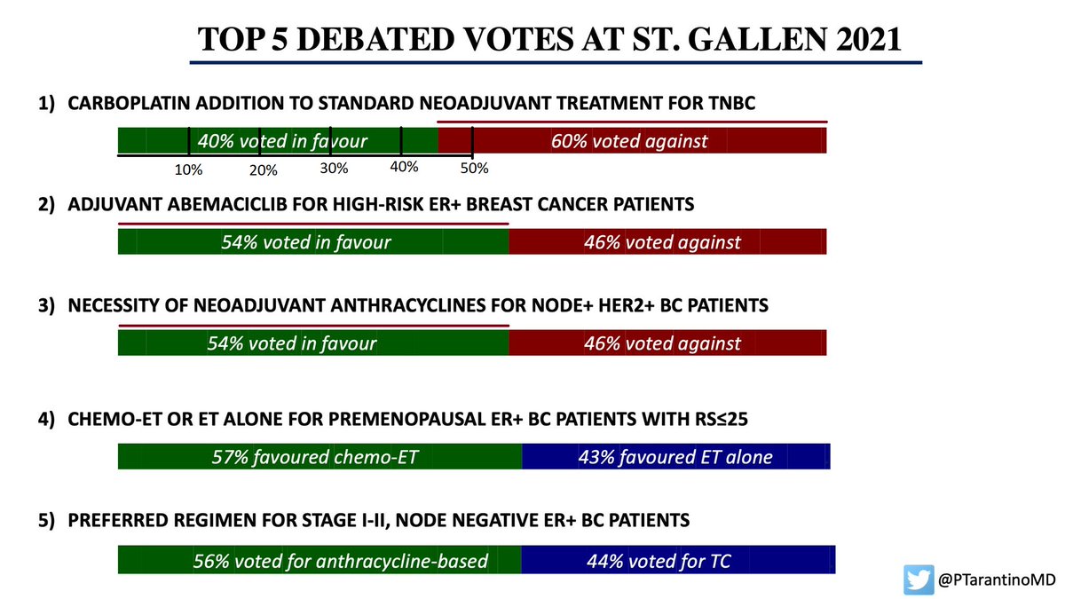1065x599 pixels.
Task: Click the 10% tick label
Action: coord(189,169)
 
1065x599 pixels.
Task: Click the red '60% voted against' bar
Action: coord(632,140)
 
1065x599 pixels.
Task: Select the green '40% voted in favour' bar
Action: coord(278,140)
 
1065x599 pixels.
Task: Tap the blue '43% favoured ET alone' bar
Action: coord(676,457)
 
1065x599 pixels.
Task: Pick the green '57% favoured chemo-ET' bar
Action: coord(319,457)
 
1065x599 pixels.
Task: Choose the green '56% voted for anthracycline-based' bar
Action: coord(319,560)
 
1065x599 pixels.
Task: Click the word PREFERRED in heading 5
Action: coord(113,521)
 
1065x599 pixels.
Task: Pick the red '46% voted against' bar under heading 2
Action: coord(667,241)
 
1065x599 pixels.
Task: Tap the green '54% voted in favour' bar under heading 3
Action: coord(312,343)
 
